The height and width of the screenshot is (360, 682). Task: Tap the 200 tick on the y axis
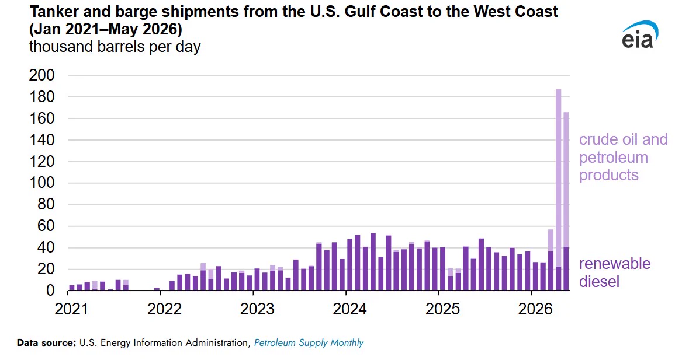click(41, 75)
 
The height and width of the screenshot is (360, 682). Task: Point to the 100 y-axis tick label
click(41, 183)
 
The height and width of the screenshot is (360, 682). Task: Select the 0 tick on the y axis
click(50, 290)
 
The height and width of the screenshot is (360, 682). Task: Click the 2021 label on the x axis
click(71, 309)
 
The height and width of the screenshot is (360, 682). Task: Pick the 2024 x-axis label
click(349, 309)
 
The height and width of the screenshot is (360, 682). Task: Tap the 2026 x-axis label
click(535, 309)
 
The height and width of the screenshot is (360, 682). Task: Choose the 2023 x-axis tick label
click(257, 309)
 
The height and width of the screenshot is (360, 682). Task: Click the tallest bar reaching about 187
click(559, 190)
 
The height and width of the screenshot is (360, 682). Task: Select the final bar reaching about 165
click(566, 201)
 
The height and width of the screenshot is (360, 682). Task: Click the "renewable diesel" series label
click(615, 272)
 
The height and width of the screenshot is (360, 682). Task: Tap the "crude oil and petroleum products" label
click(623, 157)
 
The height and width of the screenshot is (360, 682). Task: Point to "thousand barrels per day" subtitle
click(115, 47)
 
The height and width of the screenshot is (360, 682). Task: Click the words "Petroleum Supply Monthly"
click(309, 342)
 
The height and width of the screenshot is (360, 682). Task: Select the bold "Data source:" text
click(47, 342)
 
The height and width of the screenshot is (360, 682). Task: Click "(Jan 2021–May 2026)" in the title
click(106, 29)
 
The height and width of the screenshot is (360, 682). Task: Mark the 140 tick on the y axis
click(41, 140)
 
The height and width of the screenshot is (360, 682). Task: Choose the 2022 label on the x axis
click(164, 309)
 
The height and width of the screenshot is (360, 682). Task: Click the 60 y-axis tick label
click(46, 225)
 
